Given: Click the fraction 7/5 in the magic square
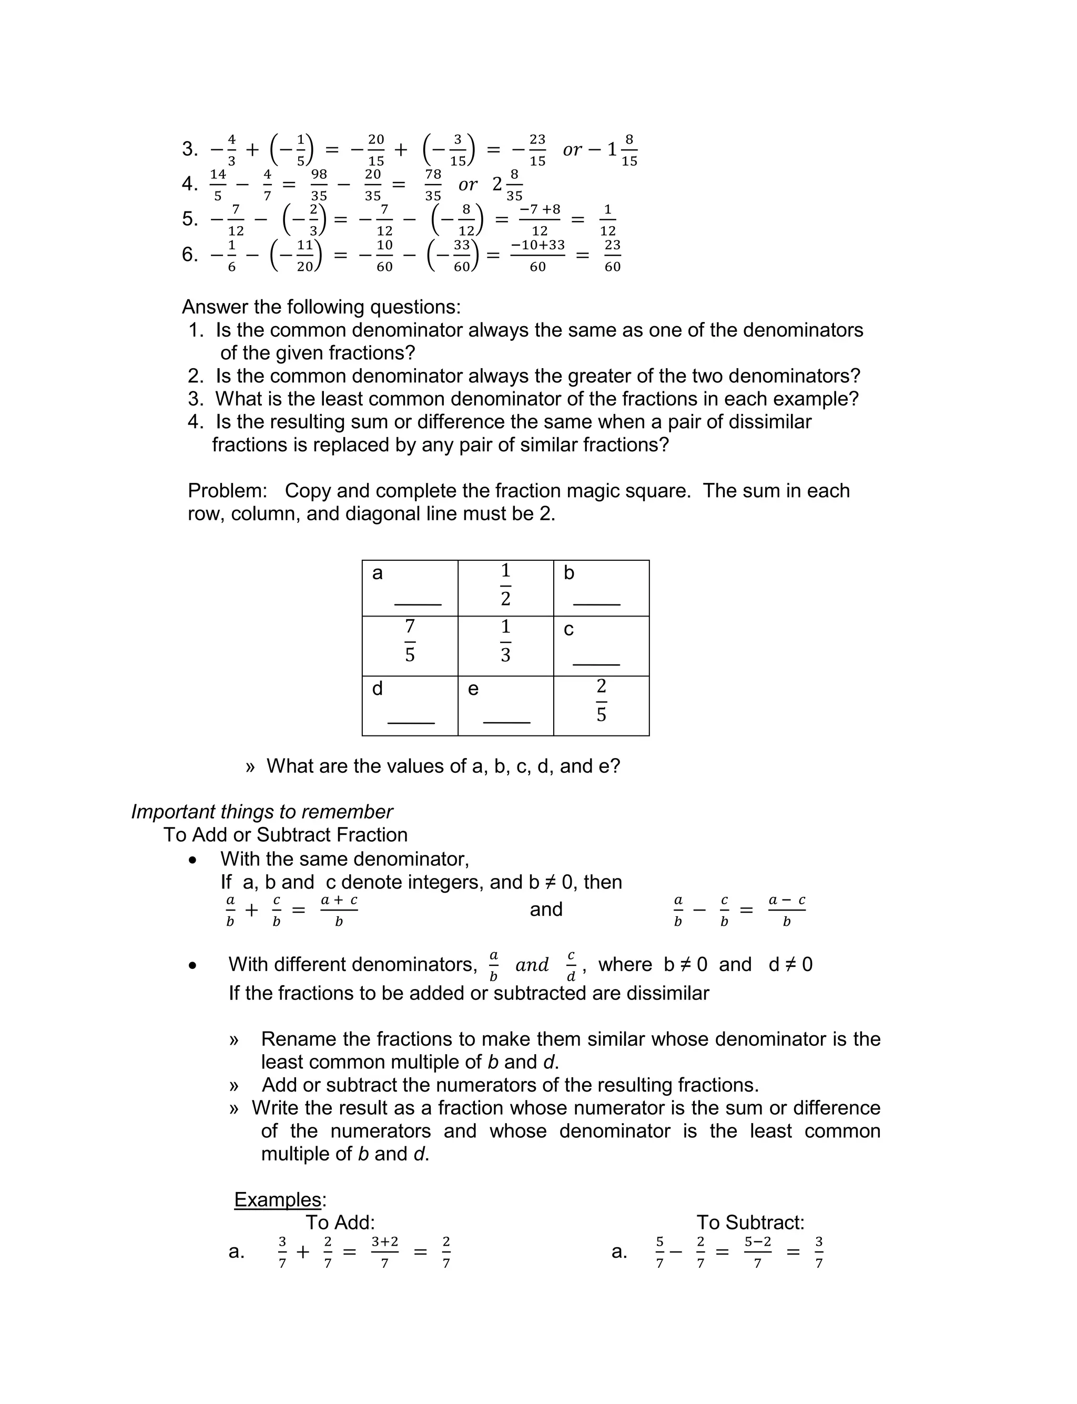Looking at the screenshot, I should coord(410,641).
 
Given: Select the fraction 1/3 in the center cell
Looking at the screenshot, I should coord(505,641).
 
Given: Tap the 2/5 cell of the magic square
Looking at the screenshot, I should coord(601,700).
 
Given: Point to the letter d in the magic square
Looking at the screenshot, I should coord(378,689).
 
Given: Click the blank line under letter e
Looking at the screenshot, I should coord(506,722).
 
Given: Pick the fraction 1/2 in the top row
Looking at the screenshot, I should coord(505,584).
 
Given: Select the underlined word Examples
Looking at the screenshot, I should coord(278,1199).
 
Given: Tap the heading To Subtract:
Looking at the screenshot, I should coord(750,1222).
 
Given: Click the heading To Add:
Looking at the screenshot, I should coord(340,1222).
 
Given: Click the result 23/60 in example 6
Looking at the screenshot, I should coord(612,255).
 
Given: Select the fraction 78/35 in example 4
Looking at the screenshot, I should coord(433,185).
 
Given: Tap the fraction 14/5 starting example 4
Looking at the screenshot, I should coord(218,185).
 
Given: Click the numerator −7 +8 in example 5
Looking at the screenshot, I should coord(540,210).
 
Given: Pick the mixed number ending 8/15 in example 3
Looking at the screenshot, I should coord(621,150).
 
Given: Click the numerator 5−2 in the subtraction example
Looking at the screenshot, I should coord(757,1242).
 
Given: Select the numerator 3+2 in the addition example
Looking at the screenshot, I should coord(384,1242).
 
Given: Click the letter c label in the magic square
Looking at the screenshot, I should coord(568,630).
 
